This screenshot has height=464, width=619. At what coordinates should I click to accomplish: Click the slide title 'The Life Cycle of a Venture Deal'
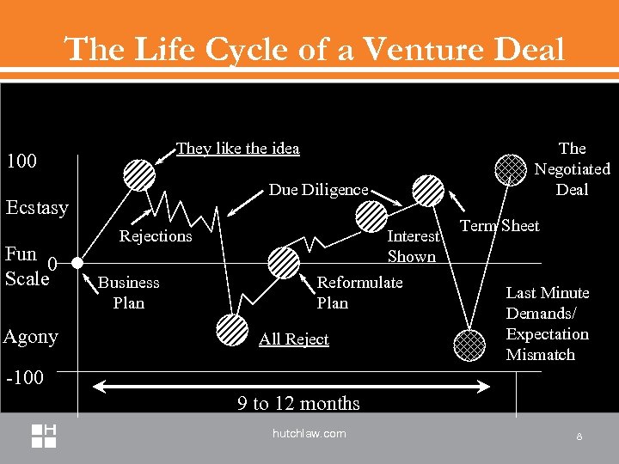315,49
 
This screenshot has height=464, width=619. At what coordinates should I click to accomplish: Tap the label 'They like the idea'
237,149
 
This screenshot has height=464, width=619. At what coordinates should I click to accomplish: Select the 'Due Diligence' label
318,189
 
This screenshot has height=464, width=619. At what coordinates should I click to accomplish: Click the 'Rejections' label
156,235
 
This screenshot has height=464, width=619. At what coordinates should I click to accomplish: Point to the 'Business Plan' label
129,292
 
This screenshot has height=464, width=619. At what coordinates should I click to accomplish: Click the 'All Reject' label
294,339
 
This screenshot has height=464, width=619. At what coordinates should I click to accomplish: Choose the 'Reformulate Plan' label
359,292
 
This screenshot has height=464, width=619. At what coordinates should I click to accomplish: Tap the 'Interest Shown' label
412,246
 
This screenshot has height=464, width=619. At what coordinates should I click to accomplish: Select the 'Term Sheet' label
500,225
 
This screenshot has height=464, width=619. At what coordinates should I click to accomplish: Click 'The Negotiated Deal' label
572,168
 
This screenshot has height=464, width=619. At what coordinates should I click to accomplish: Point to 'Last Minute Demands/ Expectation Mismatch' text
548,324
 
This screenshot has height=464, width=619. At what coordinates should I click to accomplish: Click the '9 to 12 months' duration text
299,403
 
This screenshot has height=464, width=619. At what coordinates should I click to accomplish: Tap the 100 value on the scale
21,161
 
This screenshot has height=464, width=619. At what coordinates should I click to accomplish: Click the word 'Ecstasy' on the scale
37,208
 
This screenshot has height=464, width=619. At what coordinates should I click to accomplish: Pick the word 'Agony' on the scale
31,336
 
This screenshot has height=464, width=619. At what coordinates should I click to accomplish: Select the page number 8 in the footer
579,437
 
